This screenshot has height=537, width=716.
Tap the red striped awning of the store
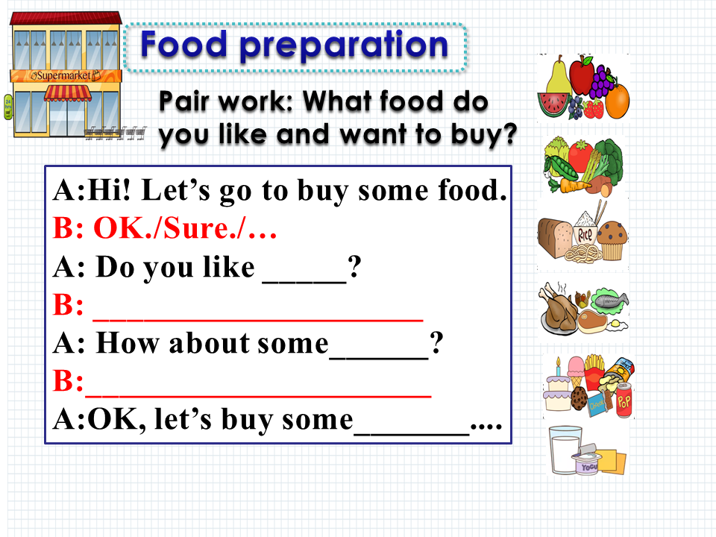click(68, 93)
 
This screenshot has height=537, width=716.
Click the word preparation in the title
click(343, 45)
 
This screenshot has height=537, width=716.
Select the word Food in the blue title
click(183, 44)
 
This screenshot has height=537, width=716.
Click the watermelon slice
click(553, 104)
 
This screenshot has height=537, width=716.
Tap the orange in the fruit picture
click(618, 101)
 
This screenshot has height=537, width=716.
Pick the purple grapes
click(603, 81)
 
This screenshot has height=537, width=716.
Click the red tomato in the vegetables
click(580, 156)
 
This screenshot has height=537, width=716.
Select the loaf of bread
click(554, 237)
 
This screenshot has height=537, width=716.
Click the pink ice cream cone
click(577, 371)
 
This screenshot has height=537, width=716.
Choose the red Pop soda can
click(624, 400)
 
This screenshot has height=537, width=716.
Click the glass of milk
click(565, 450)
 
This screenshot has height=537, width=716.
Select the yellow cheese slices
click(611, 460)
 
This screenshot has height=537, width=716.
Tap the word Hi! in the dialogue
click(109, 189)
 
